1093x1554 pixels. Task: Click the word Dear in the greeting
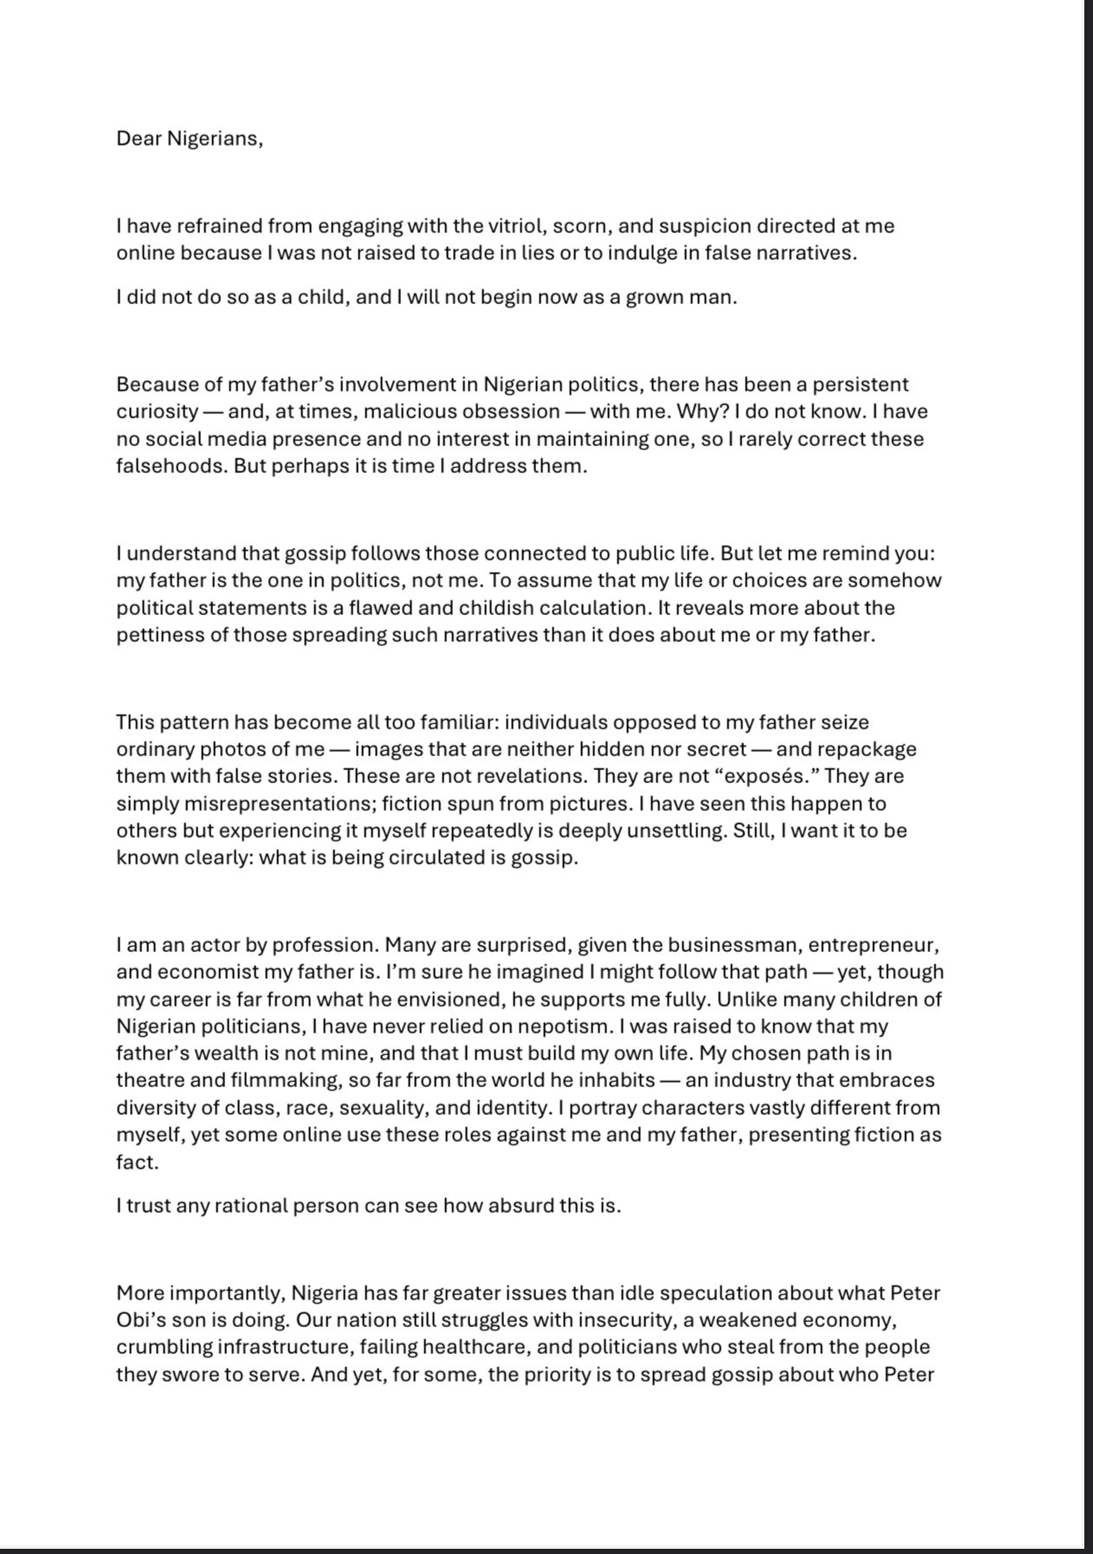(x=139, y=139)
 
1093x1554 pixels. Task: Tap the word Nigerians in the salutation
(x=213, y=139)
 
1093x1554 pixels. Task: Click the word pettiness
(x=164, y=635)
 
